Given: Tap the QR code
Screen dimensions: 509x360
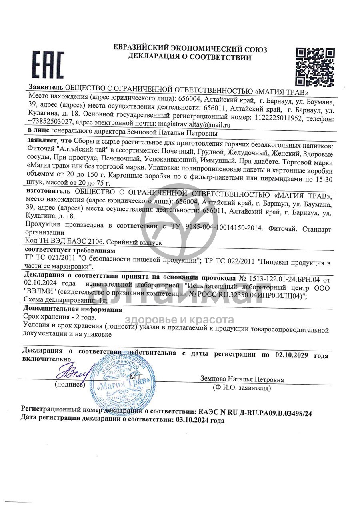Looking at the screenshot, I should click(x=315, y=67).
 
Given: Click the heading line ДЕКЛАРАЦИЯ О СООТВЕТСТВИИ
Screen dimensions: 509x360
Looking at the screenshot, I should click(x=190, y=57).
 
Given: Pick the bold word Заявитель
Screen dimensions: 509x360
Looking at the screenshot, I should click(x=46, y=87).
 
